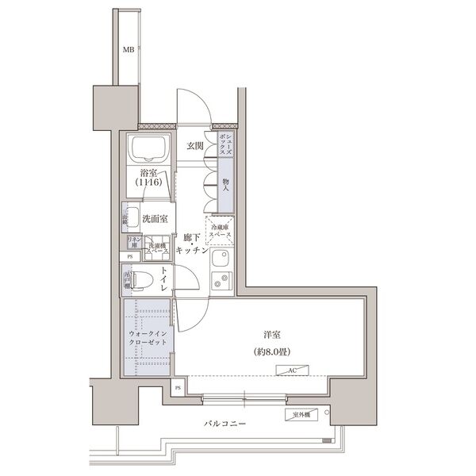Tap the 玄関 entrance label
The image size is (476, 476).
coord(196,147)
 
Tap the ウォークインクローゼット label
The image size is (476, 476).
coord(148,339)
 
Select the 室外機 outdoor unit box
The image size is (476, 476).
coord(299,414)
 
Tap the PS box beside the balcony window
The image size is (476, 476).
coord(178,388)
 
